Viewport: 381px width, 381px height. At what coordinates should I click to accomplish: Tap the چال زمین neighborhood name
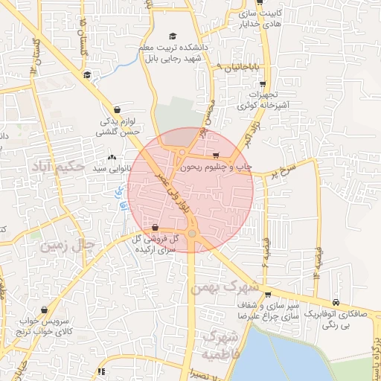coord(68,244)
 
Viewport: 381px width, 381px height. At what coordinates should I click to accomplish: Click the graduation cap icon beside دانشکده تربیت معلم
coord(173,36)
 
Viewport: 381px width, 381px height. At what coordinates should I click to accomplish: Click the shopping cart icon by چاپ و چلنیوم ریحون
coord(216,156)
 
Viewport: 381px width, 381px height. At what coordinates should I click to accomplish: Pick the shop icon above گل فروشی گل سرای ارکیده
coord(155,227)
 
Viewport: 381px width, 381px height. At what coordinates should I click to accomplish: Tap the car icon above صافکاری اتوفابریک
coord(337,302)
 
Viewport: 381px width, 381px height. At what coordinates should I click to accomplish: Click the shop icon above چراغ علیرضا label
coord(268,295)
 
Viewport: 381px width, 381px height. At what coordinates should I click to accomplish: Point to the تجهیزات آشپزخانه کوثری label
coord(263,100)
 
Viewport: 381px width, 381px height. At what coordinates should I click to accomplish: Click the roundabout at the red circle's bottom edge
coord(192,234)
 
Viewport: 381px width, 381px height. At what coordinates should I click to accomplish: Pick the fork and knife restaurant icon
coord(101,371)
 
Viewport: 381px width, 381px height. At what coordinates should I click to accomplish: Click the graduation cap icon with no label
coord(87,74)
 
